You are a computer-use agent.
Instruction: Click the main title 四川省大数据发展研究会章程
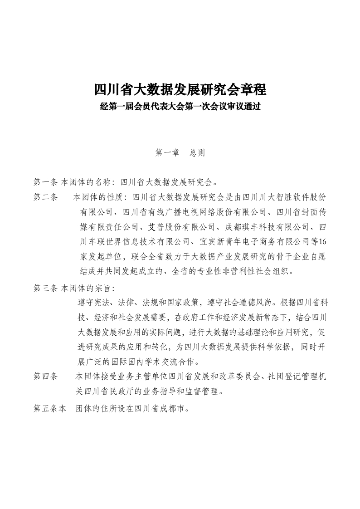coord(180,89)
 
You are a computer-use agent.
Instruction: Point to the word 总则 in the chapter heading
coord(197,153)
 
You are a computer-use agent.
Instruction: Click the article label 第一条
coord(45,182)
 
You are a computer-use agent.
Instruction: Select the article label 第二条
coord(45,197)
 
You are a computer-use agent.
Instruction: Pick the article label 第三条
coord(45,288)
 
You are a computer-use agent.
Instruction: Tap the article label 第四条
coord(45,376)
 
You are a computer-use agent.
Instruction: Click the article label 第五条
coord(45,408)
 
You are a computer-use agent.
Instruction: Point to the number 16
coord(321,241)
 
